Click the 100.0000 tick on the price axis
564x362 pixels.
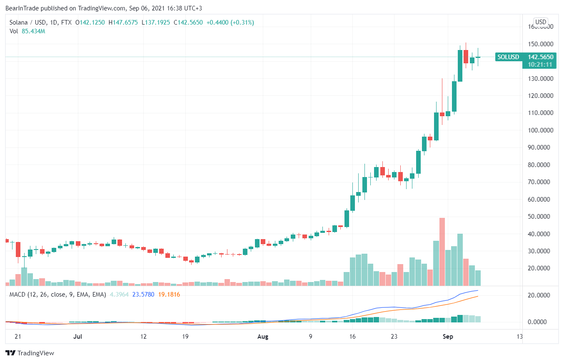(541, 130)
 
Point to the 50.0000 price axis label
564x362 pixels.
(541, 217)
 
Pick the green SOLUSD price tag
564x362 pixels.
(509, 57)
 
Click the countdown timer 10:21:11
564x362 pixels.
(540, 65)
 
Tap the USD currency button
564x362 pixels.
(541, 22)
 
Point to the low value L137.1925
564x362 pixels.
(156, 22)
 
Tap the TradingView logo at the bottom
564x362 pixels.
(30, 353)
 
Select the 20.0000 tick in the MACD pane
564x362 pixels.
(541, 295)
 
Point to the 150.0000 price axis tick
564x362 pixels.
(541, 44)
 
